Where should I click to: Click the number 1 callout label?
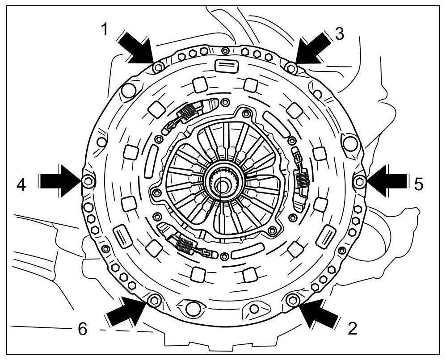pyautogui.click(x=104, y=30)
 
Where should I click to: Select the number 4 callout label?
pyautogui.click(x=21, y=183)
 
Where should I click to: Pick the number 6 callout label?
pyautogui.click(x=82, y=329)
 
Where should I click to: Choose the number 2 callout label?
pyautogui.click(x=352, y=329)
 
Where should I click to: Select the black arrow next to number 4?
pyautogui.click(x=58, y=180)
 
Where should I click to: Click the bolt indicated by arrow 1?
pyautogui.click(x=157, y=68)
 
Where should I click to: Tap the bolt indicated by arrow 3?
pyautogui.click(x=291, y=68)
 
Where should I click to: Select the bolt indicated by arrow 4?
pyautogui.click(x=88, y=180)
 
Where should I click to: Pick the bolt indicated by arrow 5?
pyautogui.click(x=359, y=181)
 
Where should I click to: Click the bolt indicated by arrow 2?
pyautogui.click(x=293, y=299)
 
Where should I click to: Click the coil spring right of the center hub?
pyautogui.click(x=303, y=180)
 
